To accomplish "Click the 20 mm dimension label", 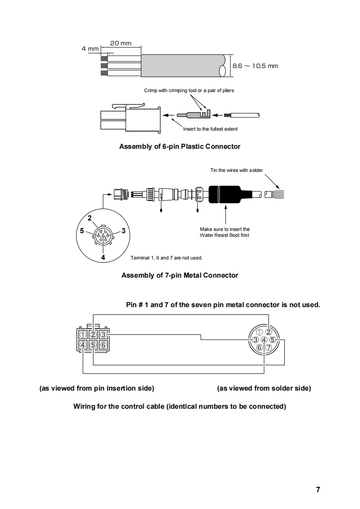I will point(121,44).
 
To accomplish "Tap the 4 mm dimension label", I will point(90,49).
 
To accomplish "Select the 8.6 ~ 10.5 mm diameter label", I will point(255,66).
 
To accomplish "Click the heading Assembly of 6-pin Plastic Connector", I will point(180,147).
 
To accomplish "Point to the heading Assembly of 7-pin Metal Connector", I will point(180,275).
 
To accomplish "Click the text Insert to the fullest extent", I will point(210,129).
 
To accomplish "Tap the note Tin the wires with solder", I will point(236,171).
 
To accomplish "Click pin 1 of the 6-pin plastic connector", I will point(83,335).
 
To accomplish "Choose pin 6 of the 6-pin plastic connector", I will point(103,345).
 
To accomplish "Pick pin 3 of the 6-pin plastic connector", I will point(103,335).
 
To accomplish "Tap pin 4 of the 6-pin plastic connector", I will point(83,345).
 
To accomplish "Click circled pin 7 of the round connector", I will point(268,347).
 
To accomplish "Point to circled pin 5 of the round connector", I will point(272,340).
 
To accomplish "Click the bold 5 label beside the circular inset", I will point(82,230).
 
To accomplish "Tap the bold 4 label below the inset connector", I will point(103,257).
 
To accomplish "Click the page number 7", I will point(318,489).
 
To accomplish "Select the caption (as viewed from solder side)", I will point(264,388).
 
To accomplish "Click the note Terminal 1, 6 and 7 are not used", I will point(166,258).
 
